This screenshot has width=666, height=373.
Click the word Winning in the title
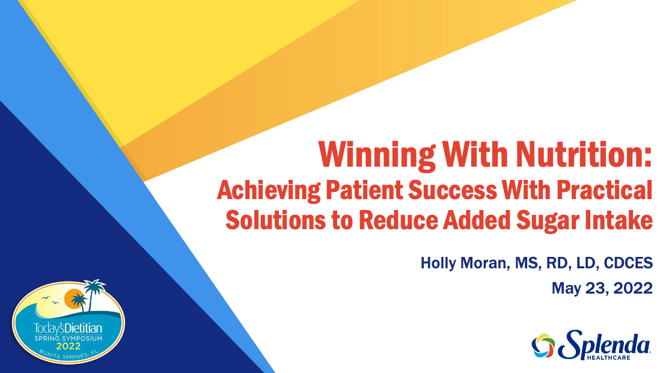(x=377, y=155)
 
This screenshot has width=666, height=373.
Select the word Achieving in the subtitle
(x=269, y=190)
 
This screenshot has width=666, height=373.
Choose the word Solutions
(x=275, y=220)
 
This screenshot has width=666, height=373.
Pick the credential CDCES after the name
(x=628, y=264)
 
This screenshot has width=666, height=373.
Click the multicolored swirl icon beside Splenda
(x=543, y=345)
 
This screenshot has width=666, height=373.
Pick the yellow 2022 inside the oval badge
(x=69, y=346)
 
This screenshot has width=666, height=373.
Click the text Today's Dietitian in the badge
(x=68, y=328)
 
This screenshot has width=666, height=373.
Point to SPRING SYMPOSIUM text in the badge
(x=68, y=339)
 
